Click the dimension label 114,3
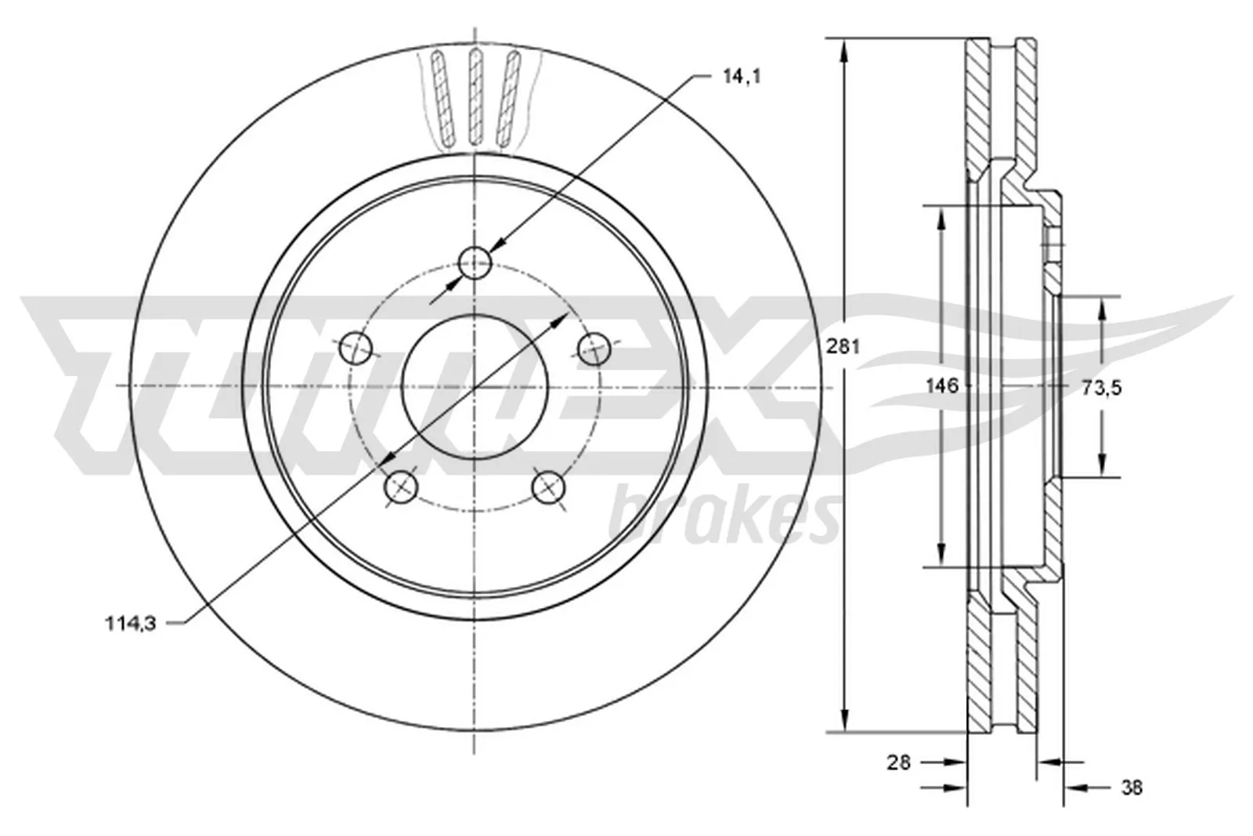(130, 624)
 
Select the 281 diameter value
(843, 346)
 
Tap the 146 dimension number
(941, 385)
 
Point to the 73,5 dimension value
(1101, 387)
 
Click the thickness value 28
(898, 762)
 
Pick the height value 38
(1131, 787)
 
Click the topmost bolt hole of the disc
(475, 262)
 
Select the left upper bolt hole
(357, 347)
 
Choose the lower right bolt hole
(547, 487)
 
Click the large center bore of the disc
(475, 385)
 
